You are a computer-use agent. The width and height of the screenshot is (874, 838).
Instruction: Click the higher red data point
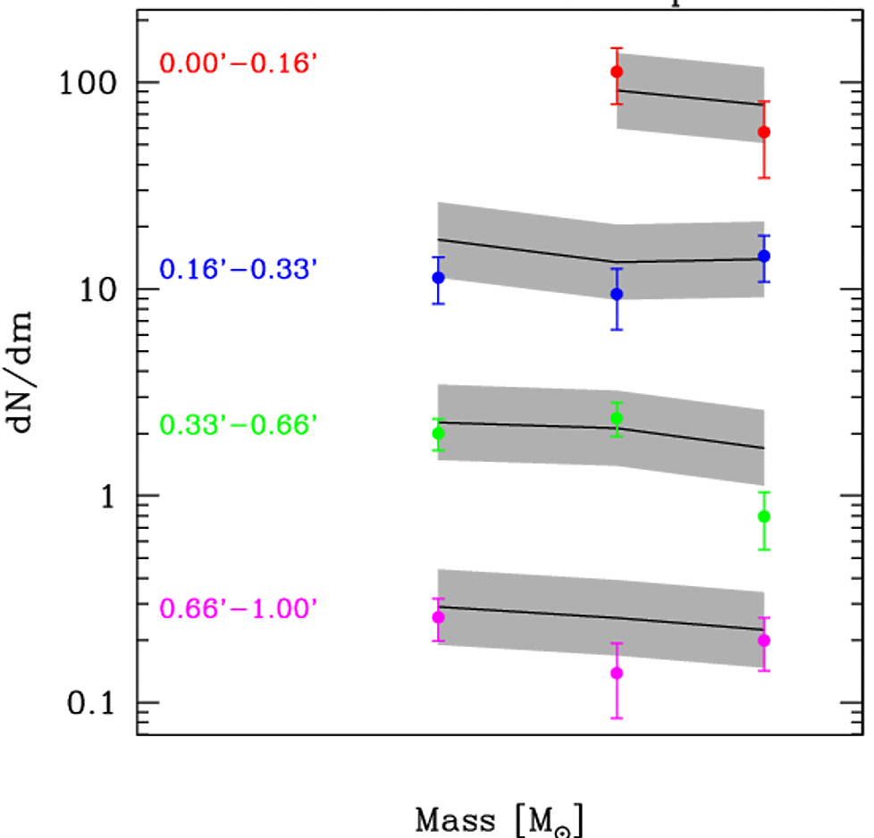click(x=617, y=71)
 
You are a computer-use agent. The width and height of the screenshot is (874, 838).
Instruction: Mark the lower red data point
click(x=764, y=132)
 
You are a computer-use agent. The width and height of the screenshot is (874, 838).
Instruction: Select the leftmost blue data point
click(x=438, y=278)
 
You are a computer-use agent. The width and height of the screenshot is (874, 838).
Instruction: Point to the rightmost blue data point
click(x=764, y=256)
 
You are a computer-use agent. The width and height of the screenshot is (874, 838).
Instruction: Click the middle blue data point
click(x=617, y=294)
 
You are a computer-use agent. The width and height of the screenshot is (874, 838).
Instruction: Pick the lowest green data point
click(x=764, y=516)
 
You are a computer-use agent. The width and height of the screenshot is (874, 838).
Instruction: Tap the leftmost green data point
click(x=438, y=433)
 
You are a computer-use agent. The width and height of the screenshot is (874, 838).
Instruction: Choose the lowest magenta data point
click(x=617, y=673)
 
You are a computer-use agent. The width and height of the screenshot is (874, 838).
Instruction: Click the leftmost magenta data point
click(x=438, y=617)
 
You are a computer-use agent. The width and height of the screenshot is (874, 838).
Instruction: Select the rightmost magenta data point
click(x=764, y=640)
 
